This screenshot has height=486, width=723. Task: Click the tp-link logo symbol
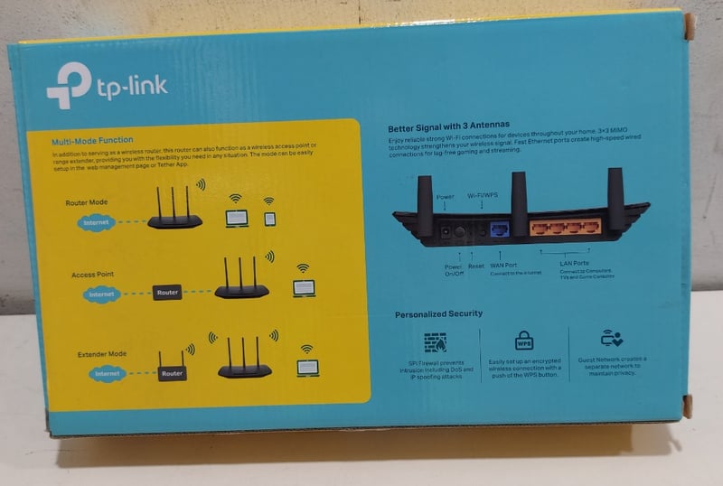point(68,85)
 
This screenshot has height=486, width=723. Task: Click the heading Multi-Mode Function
point(92,140)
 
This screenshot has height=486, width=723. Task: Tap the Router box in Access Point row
point(167,293)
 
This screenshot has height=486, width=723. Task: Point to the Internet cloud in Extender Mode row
point(107,373)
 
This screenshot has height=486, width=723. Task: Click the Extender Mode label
point(102,353)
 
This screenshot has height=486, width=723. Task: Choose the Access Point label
point(92,274)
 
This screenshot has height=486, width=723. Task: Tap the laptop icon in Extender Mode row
point(307,368)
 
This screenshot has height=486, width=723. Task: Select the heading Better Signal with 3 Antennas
point(449,126)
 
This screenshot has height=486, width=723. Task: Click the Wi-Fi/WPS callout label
point(482,196)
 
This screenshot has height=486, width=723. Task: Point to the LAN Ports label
point(574,264)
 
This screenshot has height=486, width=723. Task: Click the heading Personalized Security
point(438,313)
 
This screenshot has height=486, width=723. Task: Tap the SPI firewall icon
point(435,341)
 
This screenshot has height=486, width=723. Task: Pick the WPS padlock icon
point(524,341)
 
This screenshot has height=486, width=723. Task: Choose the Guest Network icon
point(612,339)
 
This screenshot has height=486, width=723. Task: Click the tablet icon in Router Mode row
point(269,218)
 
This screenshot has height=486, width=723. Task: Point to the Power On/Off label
point(453,269)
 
